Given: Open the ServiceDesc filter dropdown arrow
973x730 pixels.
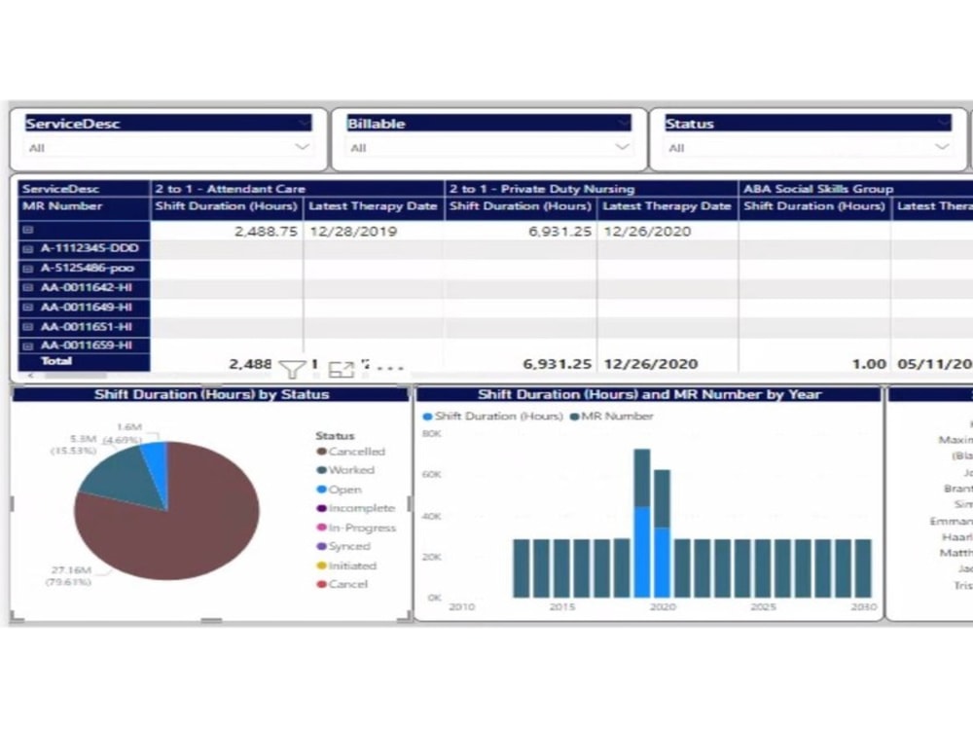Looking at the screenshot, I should pos(303,147).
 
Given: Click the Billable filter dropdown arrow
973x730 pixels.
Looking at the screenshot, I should pos(622,147).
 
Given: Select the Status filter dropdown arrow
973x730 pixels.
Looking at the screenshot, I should pos(941,147).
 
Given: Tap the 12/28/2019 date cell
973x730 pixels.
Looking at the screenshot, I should pos(348,232).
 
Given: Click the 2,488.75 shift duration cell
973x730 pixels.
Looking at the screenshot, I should pos(266,232).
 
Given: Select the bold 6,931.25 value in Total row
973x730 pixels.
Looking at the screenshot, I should pos(557,364).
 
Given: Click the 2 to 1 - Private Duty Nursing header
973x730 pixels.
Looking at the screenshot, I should pos(541,189).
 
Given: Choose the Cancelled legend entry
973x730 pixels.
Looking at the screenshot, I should pos(356,452).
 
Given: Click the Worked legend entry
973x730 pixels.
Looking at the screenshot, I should pos(350,470).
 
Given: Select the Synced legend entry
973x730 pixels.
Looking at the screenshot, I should pos(348,546).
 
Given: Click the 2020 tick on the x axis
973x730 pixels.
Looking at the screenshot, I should pos(663,607).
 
